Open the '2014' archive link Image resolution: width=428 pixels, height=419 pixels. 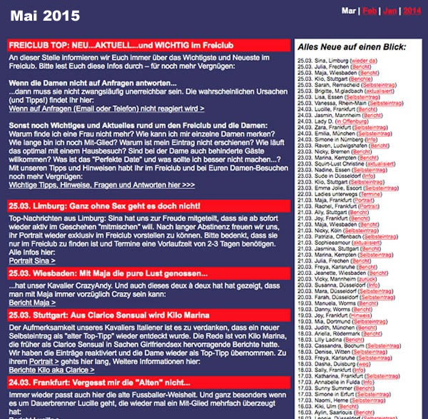412,11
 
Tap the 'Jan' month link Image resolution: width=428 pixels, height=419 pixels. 390,11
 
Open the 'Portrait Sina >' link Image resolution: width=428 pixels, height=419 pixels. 28,261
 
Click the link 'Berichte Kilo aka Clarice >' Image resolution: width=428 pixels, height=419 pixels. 51,370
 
